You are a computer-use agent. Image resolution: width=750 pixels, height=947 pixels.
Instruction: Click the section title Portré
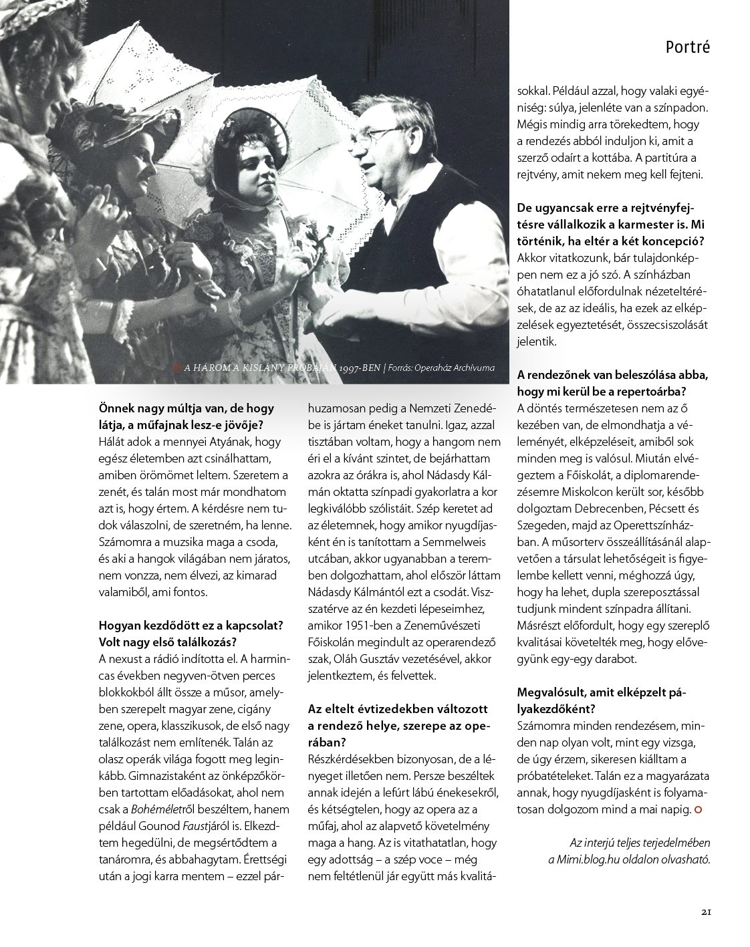point(687,47)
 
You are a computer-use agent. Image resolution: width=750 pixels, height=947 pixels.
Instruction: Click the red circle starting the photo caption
point(177,367)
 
